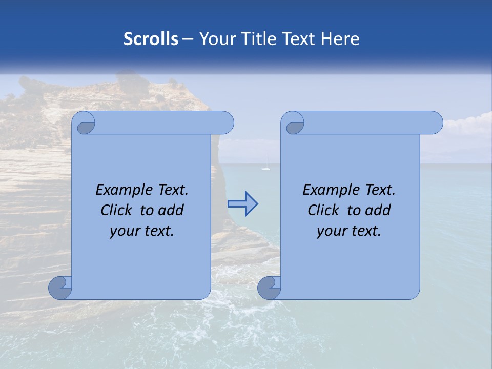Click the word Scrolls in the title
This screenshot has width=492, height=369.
(151, 39)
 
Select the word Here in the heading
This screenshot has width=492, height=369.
(340, 39)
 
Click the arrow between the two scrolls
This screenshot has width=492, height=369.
(242, 204)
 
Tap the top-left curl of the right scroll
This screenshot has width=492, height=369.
(294, 123)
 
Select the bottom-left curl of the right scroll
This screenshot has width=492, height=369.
(269, 288)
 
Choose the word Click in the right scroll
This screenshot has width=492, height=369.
(323, 210)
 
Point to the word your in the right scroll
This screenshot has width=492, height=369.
(331, 231)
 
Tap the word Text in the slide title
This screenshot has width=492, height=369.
(298, 39)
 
